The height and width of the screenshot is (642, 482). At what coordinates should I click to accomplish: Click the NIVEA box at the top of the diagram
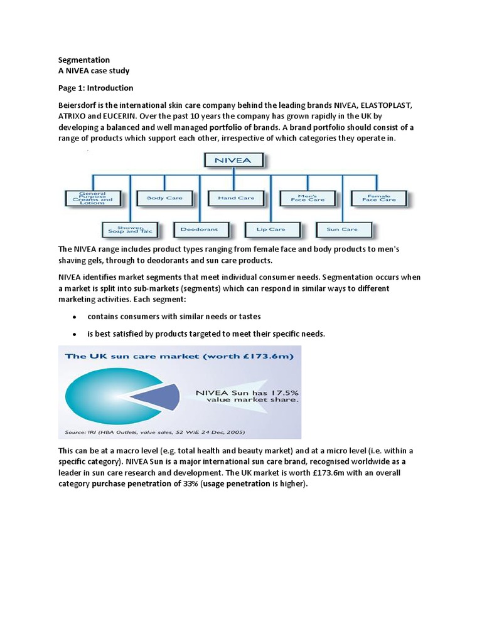pyautogui.click(x=233, y=160)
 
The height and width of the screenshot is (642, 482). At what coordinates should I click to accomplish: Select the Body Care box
pyautogui.click(x=164, y=198)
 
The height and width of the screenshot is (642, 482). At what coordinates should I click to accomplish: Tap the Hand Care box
pyautogui.click(x=236, y=198)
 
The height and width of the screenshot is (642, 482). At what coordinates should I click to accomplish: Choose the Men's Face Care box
pyautogui.click(x=308, y=198)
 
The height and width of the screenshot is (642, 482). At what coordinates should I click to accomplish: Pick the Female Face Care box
pyautogui.click(x=378, y=198)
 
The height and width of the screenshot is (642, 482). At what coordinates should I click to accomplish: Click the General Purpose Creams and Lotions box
pyautogui.click(x=93, y=198)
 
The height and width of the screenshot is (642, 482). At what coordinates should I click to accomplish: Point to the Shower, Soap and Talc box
pyautogui.click(x=128, y=229)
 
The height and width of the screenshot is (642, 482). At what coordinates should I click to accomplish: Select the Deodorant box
pyautogui.click(x=200, y=229)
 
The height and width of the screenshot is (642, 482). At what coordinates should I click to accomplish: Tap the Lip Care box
pyautogui.click(x=270, y=229)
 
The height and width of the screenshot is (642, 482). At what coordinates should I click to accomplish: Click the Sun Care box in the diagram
pyautogui.click(x=343, y=229)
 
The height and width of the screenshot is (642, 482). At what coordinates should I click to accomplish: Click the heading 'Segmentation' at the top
pyautogui.click(x=84, y=60)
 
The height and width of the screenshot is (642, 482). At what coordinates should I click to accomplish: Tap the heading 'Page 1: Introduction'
pyautogui.click(x=95, y=88)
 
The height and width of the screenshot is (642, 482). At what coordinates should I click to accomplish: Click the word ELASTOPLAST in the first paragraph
pyautogui.click(x=387, y=105)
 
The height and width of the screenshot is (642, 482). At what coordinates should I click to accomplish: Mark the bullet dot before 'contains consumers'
pyautogui.click(x=75, y=317)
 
